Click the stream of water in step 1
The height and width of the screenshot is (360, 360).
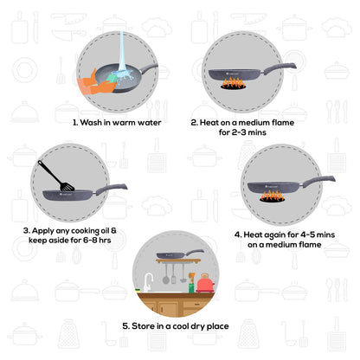click(122, 53)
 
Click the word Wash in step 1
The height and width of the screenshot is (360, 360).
click(93, 123)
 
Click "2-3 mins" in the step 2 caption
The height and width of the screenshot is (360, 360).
click(246, 133)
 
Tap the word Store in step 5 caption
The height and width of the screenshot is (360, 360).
click(148, 326)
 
